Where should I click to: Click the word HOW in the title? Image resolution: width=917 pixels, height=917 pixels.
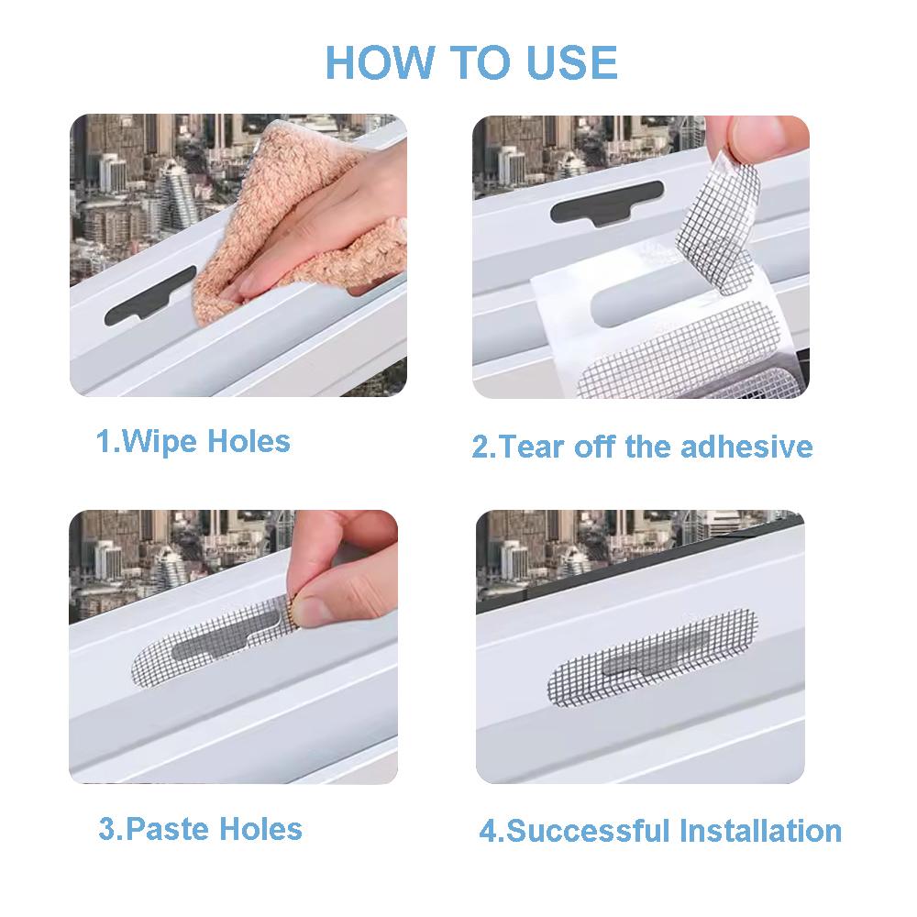(x=380, y=62)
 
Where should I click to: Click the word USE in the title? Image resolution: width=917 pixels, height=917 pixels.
(x=571, y=62)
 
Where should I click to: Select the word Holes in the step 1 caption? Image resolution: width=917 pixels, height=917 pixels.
(x=249, y=441)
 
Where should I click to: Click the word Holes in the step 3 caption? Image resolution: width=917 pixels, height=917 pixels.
(x=260, y=829)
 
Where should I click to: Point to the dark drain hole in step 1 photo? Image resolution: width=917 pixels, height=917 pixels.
(x=150, y=295)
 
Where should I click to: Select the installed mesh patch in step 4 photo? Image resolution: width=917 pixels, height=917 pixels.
(x=653, y=657)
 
